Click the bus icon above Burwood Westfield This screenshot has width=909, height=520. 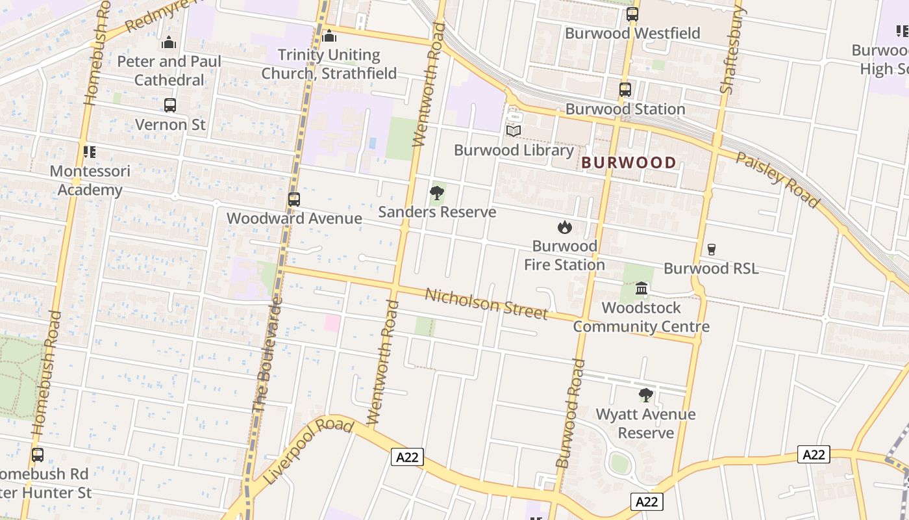pyautogui.click(x=632, y=14)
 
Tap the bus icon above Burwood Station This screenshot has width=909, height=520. pyautogui.click(x=625, y=90)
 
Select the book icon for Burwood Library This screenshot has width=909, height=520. pyautogui.click(x=514, y=131)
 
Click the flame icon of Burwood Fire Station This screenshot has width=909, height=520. pyautogui.click(x=564, y=227)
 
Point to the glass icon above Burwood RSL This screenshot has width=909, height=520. pyautogui.click(x=711, y=250)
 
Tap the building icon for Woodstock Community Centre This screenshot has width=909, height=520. pyautogui.click(x=641, y=289)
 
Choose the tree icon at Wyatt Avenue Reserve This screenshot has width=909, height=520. pyautogui.click(x=645, y=395)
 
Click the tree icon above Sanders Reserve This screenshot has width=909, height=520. pyautogui.click(x=437, y=193)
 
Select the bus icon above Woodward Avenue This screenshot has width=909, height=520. pyautogui.click(x=294, y=200)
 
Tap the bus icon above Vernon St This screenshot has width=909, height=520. pyautogui.click(x=170, y=105)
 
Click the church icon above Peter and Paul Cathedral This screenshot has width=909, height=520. pyautogui.click(x=169, y=43)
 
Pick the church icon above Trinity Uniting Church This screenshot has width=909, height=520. pyautogui.click(x=329, y=36)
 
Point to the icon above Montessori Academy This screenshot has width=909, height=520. pyautogui.click(x=90, y=152)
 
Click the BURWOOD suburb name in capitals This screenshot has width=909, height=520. pyautogui.click(x=629, y=162)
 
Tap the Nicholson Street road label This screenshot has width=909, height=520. pyautogui.click(x=486, y=304)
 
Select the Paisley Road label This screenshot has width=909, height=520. pyautogui.click(x=777, y=179)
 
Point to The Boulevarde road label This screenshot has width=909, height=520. pyautogui.click(x=267, y=354)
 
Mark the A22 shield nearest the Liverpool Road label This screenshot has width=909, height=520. pyautogui.click(x=407, y=457)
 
